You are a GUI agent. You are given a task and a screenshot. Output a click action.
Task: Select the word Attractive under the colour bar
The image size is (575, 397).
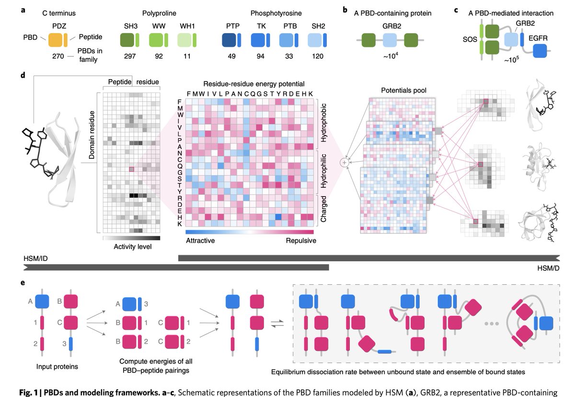coord(200,241)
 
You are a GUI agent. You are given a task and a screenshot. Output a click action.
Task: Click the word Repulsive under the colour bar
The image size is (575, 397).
coord(300,241)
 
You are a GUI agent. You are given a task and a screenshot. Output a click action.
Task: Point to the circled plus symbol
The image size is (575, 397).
coord(344,163)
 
